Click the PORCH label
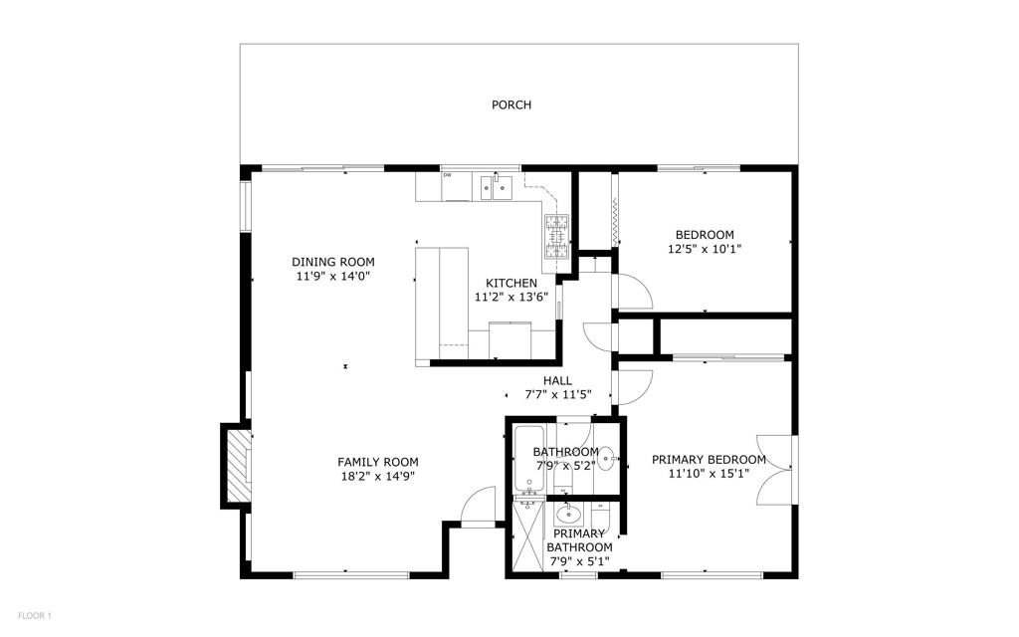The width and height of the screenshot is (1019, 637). [510, 105]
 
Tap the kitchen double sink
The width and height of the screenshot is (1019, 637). [495, 185]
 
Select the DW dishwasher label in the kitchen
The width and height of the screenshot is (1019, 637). [448, 176]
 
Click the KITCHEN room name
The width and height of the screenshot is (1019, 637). [510, 283]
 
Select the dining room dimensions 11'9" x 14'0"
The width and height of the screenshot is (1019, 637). [333, 276]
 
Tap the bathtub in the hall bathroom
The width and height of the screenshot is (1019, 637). [528, 460]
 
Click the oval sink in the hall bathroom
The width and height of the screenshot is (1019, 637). [607, 460]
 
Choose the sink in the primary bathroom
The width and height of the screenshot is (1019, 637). [567, 515]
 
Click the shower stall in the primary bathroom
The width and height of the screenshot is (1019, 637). [524, 537]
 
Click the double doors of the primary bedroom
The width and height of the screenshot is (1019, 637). [775, 470]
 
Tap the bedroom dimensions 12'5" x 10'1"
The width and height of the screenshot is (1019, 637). [705, 249]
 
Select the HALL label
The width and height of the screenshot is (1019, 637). [557, 380]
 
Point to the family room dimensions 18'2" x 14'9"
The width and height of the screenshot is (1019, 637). [377, 476]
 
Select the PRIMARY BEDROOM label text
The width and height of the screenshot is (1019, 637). [709, 460]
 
